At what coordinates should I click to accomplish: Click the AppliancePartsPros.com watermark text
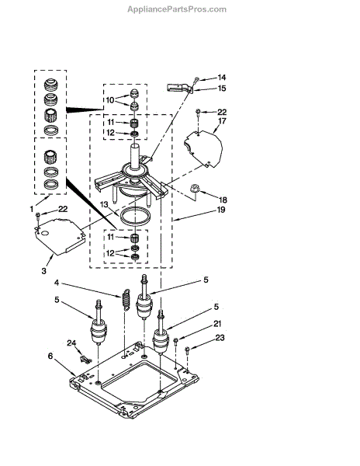pos(177,9)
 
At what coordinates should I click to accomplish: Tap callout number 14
pos(222,78)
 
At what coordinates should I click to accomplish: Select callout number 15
pos(222,89)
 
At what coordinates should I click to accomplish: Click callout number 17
pos(222,121)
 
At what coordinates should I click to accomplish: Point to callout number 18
pos(223,200)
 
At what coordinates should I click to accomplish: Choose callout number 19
pos(221,210)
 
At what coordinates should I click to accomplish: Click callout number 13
pos(104,204)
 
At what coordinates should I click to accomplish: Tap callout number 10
pos(110,100)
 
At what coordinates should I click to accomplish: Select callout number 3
pos(44,271)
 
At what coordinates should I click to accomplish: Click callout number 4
pos(57,283)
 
